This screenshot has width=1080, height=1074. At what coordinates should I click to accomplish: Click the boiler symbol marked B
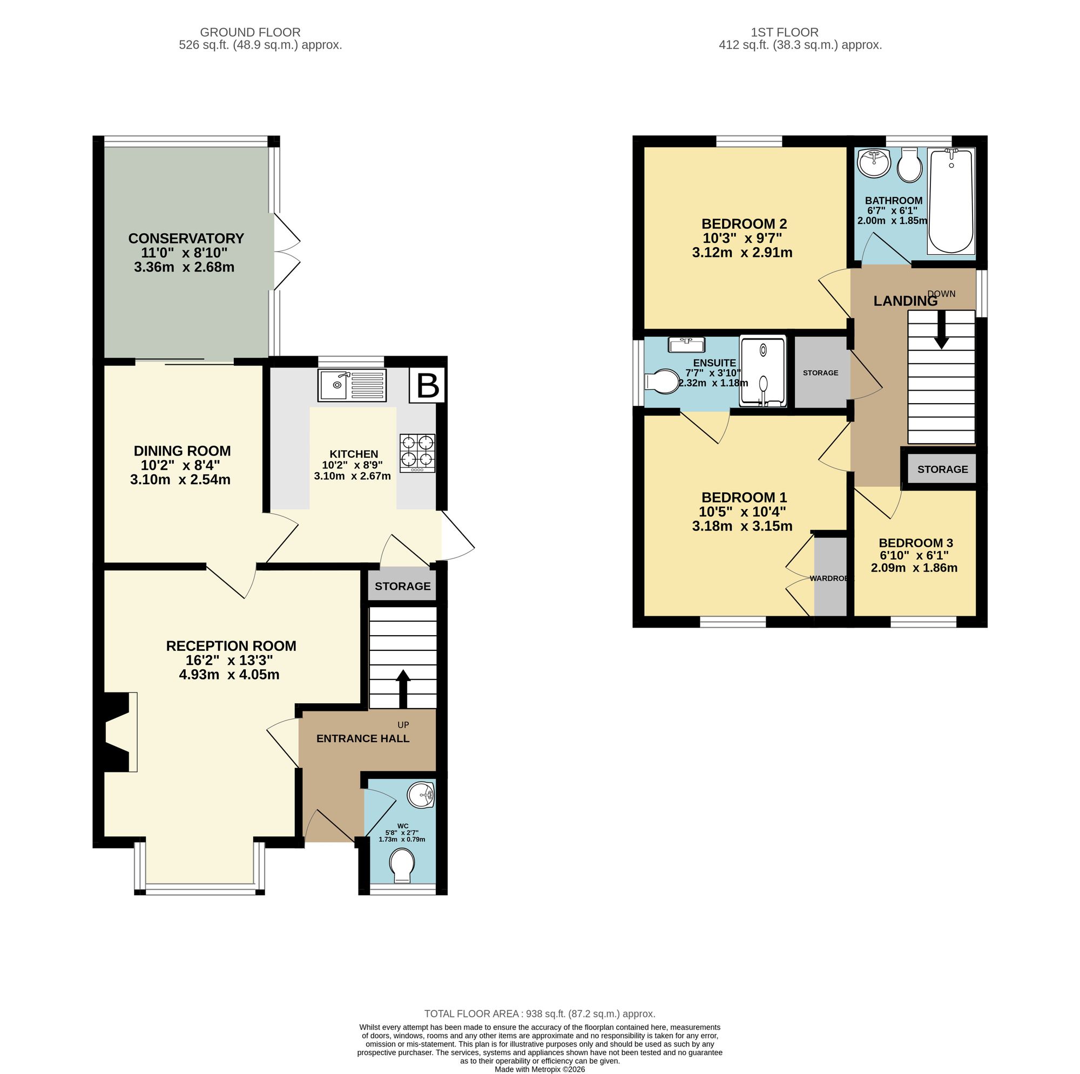(x=428, y=385)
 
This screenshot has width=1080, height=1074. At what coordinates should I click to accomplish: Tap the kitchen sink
(x=352, y=385)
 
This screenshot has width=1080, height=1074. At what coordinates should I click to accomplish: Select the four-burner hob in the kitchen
(x=417, y=453)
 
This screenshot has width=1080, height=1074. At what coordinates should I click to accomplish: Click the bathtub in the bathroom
(x=951, y=201)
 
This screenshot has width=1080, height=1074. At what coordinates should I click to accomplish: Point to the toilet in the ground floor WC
(x=402, y=866)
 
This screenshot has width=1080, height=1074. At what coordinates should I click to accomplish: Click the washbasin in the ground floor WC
(x=421, y=795)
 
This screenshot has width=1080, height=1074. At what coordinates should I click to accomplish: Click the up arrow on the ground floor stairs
(x=403, y=689)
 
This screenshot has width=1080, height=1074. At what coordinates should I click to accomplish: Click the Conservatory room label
(x=186, y=239)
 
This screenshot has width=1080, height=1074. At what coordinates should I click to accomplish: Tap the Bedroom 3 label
(x=916, y=542)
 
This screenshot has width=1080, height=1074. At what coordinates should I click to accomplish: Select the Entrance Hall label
(x=363, y=739)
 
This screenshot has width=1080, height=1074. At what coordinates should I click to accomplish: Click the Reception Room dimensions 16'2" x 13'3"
(x=231, y=660)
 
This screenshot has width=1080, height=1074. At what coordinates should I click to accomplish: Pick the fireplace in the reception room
(x=116, y=732)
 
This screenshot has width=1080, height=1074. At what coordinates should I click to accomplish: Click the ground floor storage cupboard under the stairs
(x=402, y=585)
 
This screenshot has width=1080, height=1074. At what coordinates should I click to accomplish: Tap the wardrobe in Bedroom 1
(x=831, y=577)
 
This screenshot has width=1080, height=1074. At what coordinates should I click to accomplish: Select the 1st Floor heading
(x=785, y=32)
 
